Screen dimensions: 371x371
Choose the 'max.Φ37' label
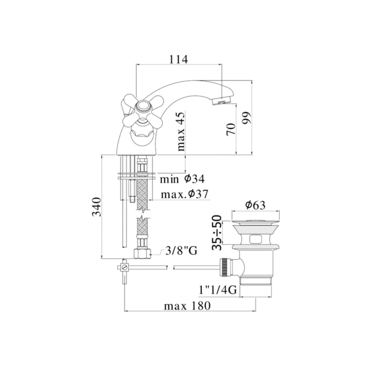pyautogui.click(x=184, y=195)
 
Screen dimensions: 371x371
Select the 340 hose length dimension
pyautogui.click(x=96, y=207)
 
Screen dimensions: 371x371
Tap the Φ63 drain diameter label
pyautogui.click(x=255, y=205)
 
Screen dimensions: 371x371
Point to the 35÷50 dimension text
pyautogui.click(x=217, y=232)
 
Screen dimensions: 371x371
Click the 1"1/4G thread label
pyautogui.click(x=218, y=290)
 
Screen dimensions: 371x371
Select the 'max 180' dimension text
pyautogui.click(x=187, y=306)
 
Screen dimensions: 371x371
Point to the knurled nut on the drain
pyautogui.click(x=224, y=267)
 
